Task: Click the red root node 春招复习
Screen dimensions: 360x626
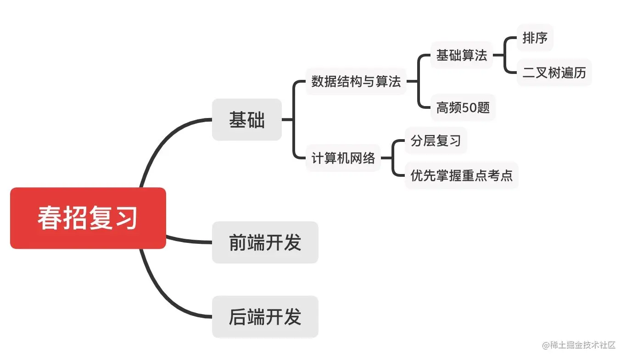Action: (x=88, y=218)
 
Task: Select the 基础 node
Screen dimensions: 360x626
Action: (x=246, y=120)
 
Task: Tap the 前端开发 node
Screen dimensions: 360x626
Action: (x=265, y=242)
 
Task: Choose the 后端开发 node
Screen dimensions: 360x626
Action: (x=265, y=317)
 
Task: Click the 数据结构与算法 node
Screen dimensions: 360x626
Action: (x=356, y=82)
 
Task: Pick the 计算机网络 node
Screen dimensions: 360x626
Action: (x=343, y=158)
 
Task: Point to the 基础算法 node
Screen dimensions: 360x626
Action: (x=461, y=56)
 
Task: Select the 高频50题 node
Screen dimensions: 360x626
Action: (x=463, y=108)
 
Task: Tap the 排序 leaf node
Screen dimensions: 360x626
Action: (x=535, y=38)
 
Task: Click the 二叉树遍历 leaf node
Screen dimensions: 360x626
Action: (x=554, y=73)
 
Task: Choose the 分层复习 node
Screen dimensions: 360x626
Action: (x=436, y=141)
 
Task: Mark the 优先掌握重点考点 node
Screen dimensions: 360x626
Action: (x=461, y=175)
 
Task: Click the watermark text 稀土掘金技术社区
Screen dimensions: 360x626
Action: (x=581, y=345)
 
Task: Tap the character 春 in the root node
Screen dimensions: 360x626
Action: (x=50, y=218)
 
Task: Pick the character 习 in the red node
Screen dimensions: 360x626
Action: (x=126, y=218)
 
